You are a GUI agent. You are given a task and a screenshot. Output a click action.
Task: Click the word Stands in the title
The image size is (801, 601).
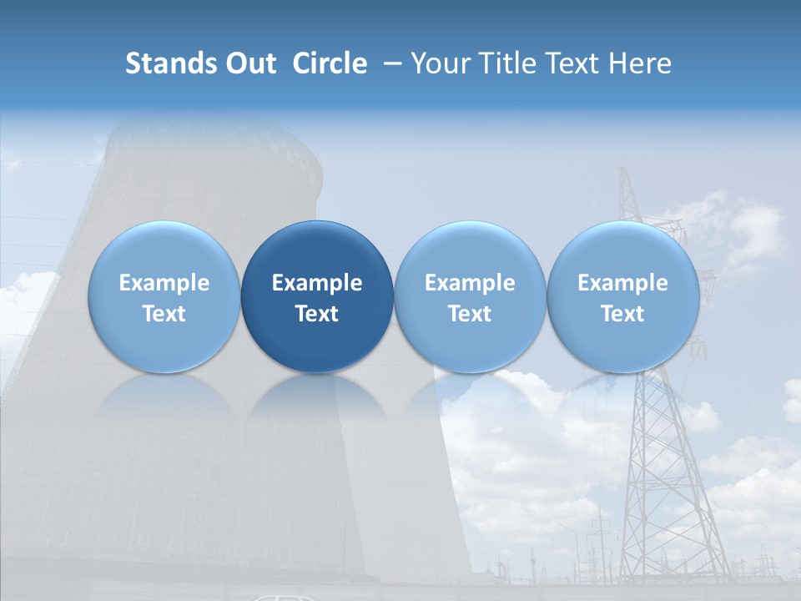[x=170, y=63]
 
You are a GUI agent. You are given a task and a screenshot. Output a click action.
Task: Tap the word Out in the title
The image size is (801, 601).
[x=249, y=63]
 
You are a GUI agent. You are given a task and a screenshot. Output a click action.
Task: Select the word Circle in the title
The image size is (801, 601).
[x=330, y=63]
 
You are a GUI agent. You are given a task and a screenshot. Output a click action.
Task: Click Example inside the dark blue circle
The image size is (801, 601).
[x=317, y=283]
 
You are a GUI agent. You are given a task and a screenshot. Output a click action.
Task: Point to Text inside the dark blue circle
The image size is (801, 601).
[x=317, y=314]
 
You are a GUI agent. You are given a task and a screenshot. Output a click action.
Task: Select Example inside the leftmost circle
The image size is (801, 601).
[x=164, y=283]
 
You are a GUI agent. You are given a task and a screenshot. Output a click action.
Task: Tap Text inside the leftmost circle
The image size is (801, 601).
[x=164, y=314]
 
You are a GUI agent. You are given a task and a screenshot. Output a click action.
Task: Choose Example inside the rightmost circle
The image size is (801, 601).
[x=623, y=283]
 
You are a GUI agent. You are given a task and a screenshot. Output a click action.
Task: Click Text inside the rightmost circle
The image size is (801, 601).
[x=623, y=314]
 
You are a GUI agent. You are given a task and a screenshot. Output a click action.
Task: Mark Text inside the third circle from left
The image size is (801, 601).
[x=470, y=314]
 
